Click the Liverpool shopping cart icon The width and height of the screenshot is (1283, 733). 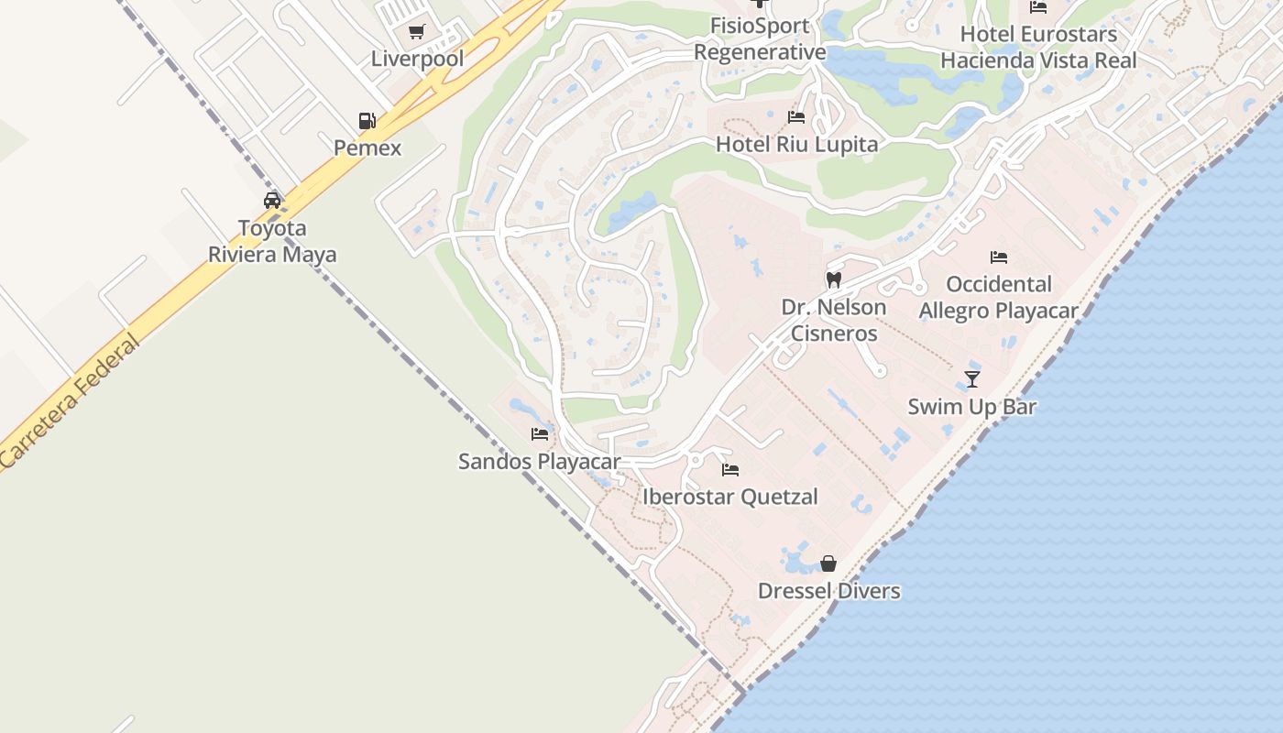tap(417, 32)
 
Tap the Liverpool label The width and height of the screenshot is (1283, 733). tap(417, 59)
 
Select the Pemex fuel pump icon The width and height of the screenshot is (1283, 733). tap(367, 121)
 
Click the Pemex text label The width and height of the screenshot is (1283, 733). tap(367, 148)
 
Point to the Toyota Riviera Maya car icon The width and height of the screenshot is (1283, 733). tap(272, 201)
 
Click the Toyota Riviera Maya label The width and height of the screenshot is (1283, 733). tap(272, 241)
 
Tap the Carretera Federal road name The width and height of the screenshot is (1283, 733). tap(70, 400)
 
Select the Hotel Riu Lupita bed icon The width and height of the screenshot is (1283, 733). tap(796, 117)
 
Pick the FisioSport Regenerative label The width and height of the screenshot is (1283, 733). tap(760, 39)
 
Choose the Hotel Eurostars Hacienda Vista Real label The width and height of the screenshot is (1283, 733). tap(1038, 48)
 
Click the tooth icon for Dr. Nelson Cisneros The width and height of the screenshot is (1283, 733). tap(834, 279)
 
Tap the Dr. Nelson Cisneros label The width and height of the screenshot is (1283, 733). tap(834, 320)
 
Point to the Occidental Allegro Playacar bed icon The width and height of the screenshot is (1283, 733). tap(999, 257)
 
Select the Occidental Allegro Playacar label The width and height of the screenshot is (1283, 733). tap(999, 297)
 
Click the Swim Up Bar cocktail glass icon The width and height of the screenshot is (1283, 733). tap(972, 379)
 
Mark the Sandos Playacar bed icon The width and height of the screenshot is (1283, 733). tap(540, 434)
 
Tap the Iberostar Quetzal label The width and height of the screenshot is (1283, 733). tap(729, 497)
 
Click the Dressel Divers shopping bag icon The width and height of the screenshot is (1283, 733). tap(828, 563)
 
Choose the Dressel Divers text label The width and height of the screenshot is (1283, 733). tap(828, 591)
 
